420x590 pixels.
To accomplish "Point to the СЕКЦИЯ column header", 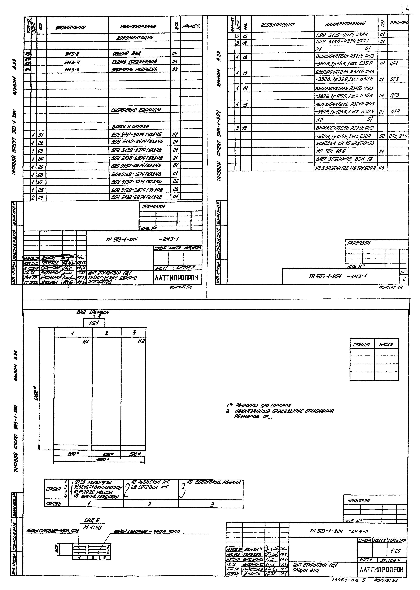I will pos(362,345).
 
